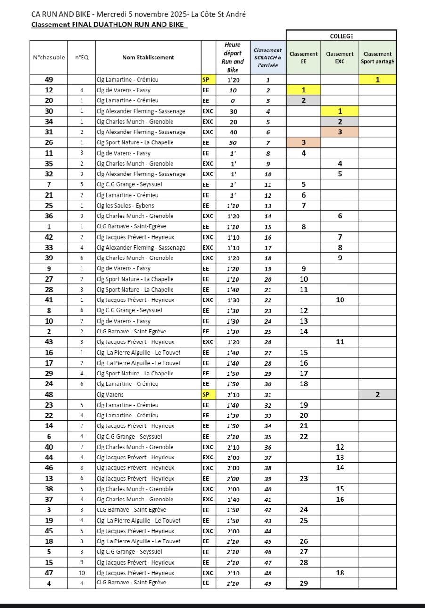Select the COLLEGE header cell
click(x=341, y=36)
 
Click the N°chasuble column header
click(x=49, y=58)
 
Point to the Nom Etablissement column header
click(x=148, y=58)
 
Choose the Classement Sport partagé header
click(x=377, y=58)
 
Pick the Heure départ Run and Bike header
click(x=233, y=58)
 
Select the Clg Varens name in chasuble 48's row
click(x=108, y=394)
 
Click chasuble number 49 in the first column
click(x=49, y=80)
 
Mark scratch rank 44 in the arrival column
click(x=268, y=531)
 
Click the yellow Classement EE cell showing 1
click(x=303, y=90)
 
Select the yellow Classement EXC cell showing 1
click(x=340, y=111)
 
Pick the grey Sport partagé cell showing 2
click(x=377, y=394)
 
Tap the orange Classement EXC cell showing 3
click(x=340, y=132)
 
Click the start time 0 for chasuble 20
click(x=233, y=100)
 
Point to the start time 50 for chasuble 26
click(x=233, y=142)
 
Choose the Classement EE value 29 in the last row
click(x=303, y=583)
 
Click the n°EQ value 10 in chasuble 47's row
click(x=81, y=573)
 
